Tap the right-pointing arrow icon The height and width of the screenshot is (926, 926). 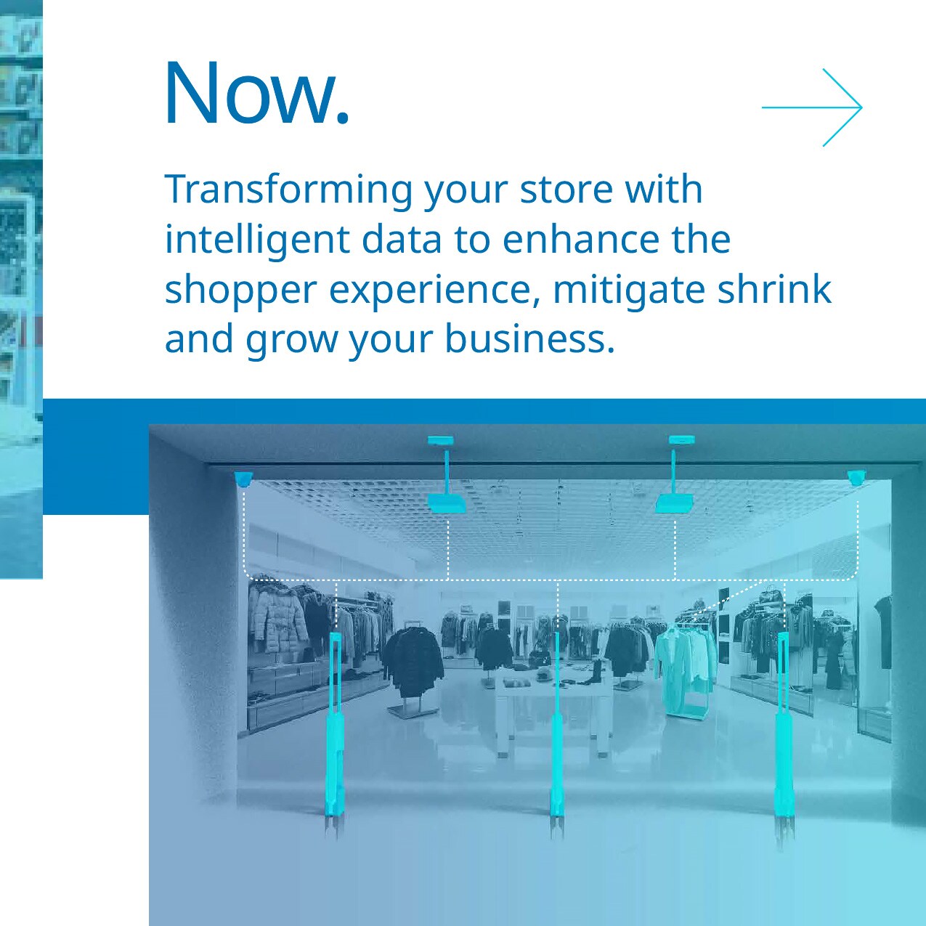[x=812, y=107]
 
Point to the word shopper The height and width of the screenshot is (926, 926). [x=240, y=291]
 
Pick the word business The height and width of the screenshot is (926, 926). [x=529, y=338]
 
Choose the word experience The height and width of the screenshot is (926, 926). [x=434, y=291]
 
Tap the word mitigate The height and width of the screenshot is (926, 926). [x=629, y=289]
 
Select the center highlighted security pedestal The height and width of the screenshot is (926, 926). [x=557, y=734]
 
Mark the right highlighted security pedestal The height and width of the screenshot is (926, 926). [x=783, y=734]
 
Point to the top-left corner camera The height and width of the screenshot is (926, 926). [x=243, y=478]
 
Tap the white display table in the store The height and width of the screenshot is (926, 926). [x=552, y=697]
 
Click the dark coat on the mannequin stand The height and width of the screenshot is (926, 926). [x=414, y=661]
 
